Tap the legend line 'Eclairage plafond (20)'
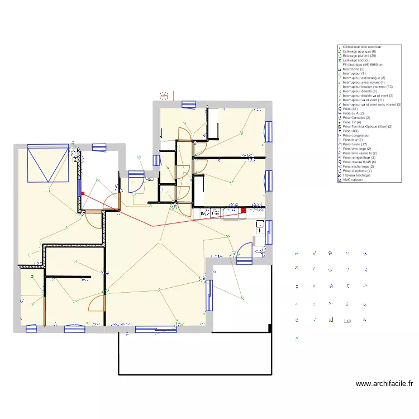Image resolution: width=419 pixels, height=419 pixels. point(360,56)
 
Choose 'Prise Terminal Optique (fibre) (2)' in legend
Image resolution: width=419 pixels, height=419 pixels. point(367,126)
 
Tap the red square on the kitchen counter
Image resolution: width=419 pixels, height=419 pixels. point(244,211)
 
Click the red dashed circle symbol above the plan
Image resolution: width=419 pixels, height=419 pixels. point(164,96)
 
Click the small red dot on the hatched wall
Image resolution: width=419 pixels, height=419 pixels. point(82,193)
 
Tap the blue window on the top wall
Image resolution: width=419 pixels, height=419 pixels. point(188,103)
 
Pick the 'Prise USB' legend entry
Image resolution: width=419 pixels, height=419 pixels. point(350,131)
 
